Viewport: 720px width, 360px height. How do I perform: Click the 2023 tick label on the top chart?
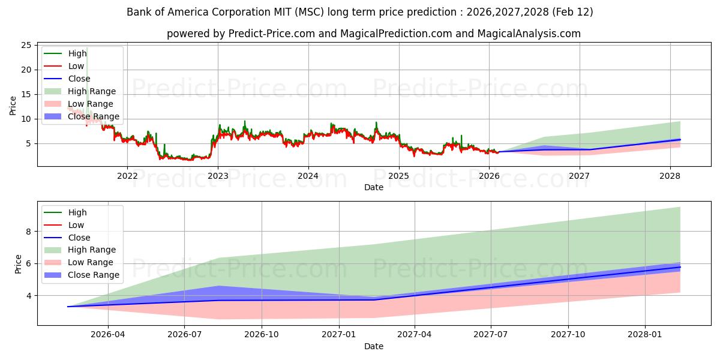(x=218, y=176)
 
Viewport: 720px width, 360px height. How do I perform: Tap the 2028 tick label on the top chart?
(x=670, y=176)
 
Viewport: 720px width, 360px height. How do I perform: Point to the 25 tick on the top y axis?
(x=26, y=45)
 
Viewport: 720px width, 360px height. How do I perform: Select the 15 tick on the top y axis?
(x=26, y=94)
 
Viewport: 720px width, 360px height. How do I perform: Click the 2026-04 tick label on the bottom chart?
(x=107, y=335)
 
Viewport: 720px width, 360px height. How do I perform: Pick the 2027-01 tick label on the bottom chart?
(x=339, y=335)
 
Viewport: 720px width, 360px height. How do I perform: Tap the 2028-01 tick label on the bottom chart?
(x=645, y=335)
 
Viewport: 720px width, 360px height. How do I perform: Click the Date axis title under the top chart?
(x=373, y=187)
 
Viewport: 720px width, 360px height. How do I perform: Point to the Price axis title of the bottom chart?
(x=18, y=264)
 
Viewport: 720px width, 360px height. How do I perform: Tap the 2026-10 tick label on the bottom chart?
(x=262, y=335)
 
